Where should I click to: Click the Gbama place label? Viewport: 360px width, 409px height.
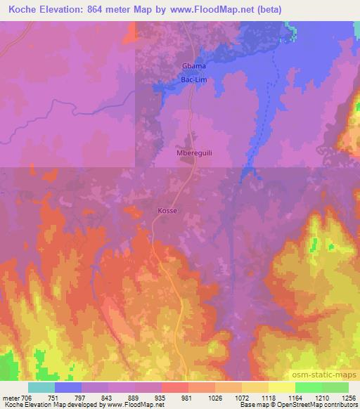tap(194, 66)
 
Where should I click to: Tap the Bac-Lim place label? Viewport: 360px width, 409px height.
tap(194, 82)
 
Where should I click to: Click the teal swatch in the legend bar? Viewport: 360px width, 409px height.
tap(41, 387)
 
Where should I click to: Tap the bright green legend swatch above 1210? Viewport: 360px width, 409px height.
tap(309, 387)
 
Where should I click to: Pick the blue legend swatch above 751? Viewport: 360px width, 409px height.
tap(68, 387)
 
